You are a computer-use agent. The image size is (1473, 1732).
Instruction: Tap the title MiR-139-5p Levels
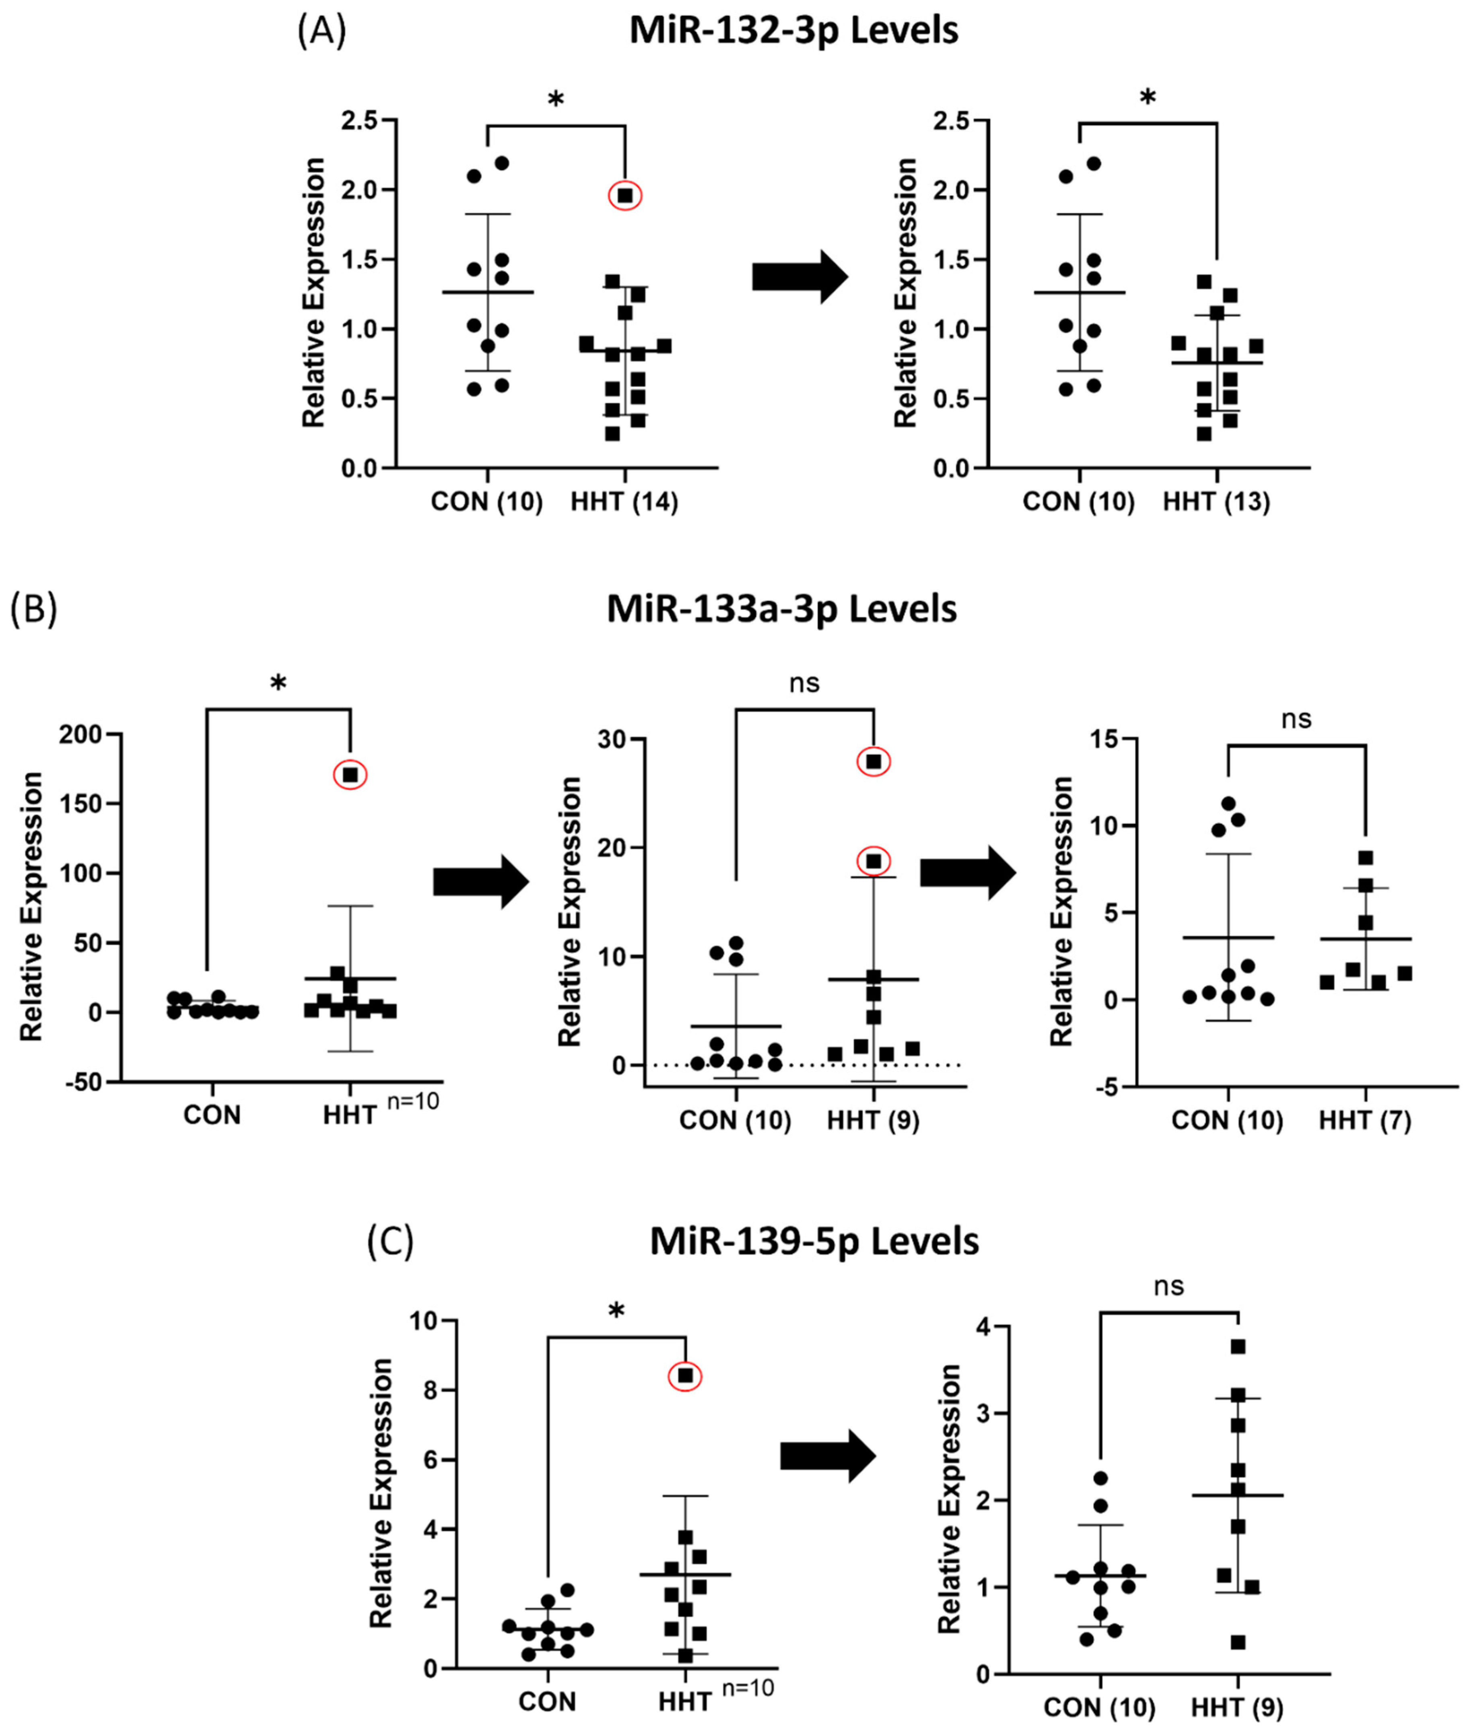tap(814, 1242)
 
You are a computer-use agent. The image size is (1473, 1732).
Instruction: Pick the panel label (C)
tap(390, 1242)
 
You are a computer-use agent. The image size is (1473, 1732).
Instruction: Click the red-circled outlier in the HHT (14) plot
tap(624, 196)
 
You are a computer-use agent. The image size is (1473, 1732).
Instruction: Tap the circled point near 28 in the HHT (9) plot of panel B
tap(873, 762)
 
